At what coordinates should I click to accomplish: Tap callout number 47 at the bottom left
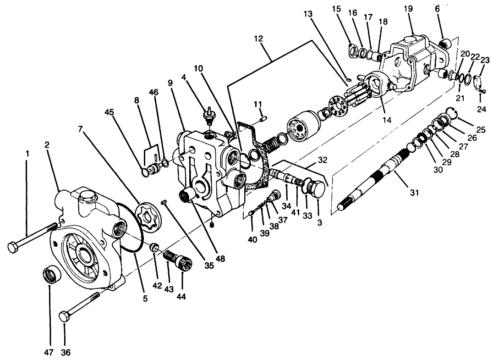tap(49, 353)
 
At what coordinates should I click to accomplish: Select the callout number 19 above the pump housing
tap(408, 9)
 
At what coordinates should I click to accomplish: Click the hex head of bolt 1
tap(13, 247)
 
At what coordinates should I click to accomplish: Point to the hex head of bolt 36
tap(65, 317)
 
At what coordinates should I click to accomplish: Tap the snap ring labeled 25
tap(452, 112)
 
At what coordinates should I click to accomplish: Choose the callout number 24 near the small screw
tap(481, 110)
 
